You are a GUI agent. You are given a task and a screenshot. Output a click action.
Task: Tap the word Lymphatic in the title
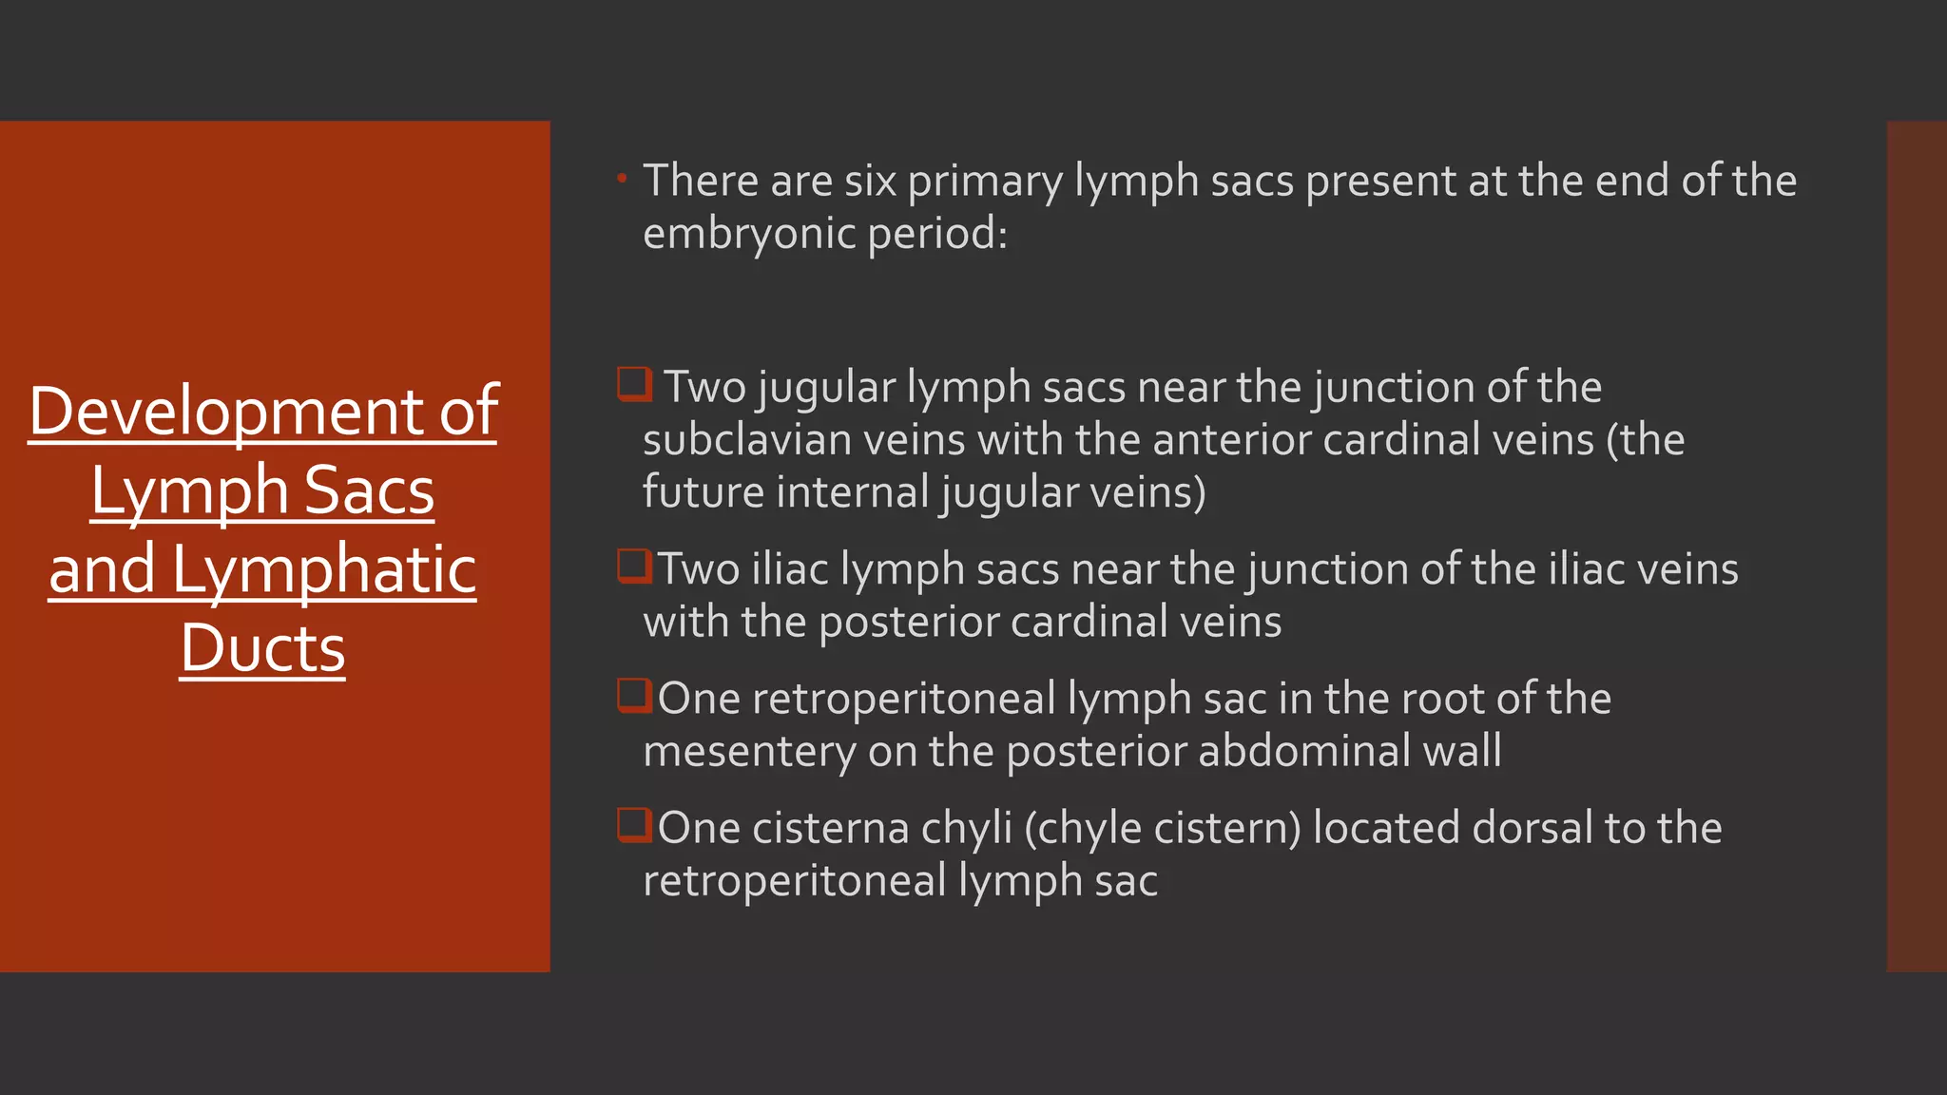[323, 570]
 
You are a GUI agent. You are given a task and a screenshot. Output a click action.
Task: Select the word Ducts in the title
[262, 649]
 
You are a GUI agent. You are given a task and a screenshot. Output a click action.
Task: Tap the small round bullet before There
[622, 178]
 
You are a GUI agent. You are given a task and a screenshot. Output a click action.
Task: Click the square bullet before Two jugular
[634, 385]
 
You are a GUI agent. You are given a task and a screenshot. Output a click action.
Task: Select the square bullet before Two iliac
[634, 567]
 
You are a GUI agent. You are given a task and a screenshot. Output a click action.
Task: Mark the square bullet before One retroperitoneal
[634, 696]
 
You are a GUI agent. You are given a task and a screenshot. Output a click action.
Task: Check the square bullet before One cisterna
[634, 825]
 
